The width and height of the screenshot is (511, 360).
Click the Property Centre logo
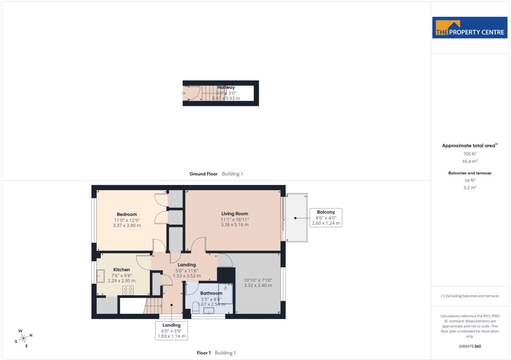click(470, 27)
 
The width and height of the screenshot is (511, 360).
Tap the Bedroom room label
click(127, 214)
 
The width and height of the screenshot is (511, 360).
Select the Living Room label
click(234, 214)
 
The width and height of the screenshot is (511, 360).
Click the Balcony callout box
click(326, 218)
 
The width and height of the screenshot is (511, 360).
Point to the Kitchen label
click(122, 270)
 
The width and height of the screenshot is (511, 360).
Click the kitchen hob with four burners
click(128, 290)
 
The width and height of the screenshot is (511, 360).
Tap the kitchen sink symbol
click(101, 276)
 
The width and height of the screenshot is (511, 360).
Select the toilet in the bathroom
click(196, 307)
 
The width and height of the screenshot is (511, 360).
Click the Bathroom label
click(211, 293)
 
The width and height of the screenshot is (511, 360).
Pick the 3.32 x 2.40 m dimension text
click(258, 285)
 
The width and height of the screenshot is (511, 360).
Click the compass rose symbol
click(24, 338)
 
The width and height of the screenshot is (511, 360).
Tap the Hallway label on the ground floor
click(226, 87)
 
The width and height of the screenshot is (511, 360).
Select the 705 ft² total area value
click(470, 154)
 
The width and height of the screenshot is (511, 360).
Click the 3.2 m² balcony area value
click(470, 188)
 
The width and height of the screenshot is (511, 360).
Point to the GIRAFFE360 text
click(470, 346)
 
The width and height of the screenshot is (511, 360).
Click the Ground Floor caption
click(203, 174)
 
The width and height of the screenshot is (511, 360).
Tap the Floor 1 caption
click(203, 353)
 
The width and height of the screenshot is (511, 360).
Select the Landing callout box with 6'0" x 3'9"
click(172, 331)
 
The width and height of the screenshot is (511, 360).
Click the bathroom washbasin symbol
click(209, 311)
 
